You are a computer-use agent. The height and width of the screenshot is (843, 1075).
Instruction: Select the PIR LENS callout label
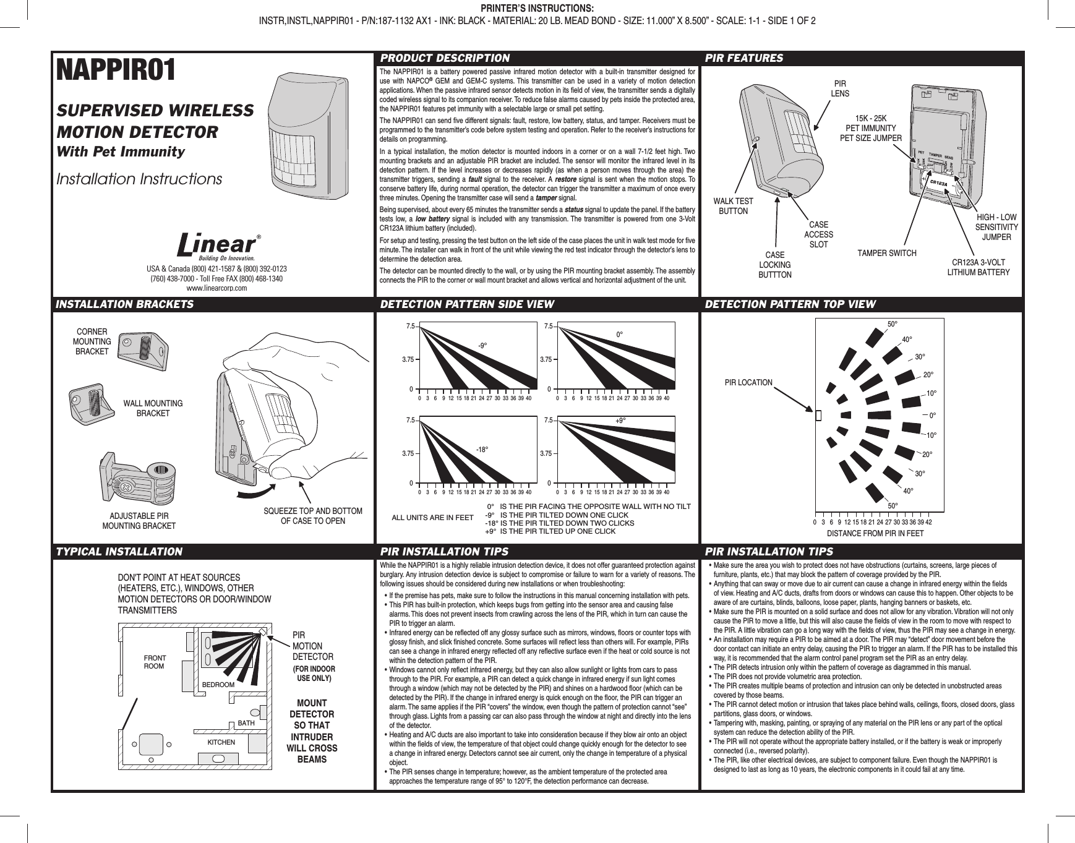(x=839, y=88)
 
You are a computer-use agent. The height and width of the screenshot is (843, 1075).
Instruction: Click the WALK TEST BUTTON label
(x=733, y=206)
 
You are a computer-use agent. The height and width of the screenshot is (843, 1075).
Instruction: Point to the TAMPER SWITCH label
(x=886, y=254)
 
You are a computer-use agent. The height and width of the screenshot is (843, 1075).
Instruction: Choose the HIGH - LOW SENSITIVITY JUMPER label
(x=996, y=227)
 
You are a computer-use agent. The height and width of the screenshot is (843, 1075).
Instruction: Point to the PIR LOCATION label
(x=748, y=382)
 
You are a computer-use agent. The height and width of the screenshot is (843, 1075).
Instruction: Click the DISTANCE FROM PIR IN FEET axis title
(x=875, y=533)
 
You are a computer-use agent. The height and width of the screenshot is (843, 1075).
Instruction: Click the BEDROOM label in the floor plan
(x=218, y=685)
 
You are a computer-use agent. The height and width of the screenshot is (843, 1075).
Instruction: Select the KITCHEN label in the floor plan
(x=221, y=742)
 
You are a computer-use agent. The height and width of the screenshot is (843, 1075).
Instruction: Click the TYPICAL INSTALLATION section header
(x=119, y=551)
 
